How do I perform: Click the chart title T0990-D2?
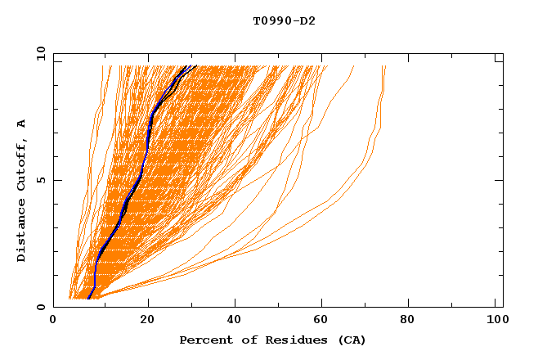click(x=284, y=21)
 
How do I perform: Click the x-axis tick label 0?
click(x=53, y=321)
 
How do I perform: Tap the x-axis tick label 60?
click(x=325, y=321)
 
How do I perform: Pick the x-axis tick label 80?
click(x=414, y=321)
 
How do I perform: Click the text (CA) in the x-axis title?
click(x=352, y=340)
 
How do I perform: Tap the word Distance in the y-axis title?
click(x=22, y=230)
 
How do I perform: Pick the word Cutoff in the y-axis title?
click(x=22, y=160)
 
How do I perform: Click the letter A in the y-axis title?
click(x=22, y=123)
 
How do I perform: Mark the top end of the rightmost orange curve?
click(x=384, y=66)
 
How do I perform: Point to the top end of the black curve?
click(x=196, y=65)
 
